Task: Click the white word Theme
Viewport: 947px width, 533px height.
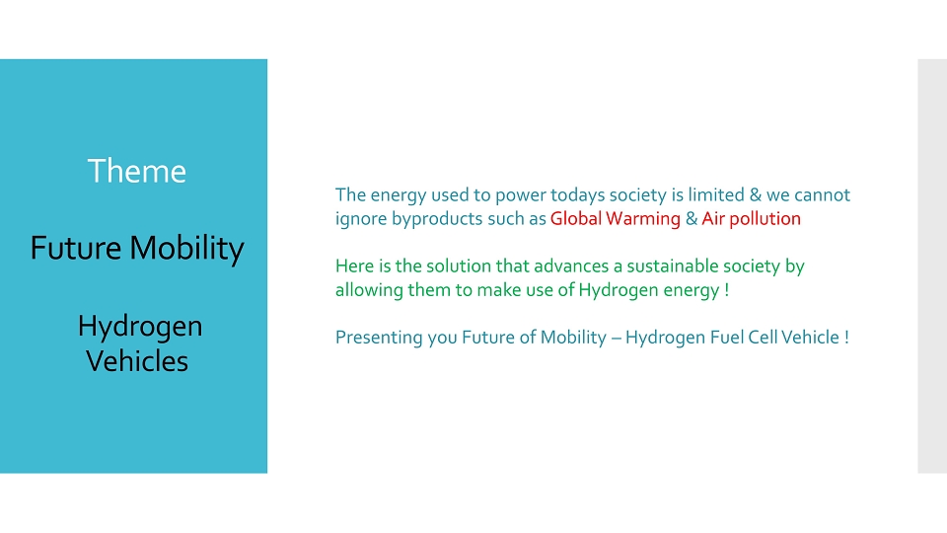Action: click(136, 171)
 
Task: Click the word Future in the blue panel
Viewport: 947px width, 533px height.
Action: click(76, 248)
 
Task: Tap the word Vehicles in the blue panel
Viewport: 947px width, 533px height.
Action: click(137, 361)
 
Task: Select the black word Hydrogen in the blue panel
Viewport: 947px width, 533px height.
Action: click(140, 327)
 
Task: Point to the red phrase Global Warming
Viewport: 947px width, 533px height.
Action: click(615, 218)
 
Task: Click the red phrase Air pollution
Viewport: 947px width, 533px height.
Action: click(751, 218)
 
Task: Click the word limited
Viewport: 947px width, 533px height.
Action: click(716, 194)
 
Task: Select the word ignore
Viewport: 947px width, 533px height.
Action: click(361, 219)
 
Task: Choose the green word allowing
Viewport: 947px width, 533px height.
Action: click(368, 290)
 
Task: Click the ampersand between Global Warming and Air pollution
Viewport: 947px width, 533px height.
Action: click(691, 218)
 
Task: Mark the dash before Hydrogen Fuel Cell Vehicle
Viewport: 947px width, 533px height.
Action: click(616, 339)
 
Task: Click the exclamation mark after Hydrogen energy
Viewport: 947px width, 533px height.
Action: click(727, 289)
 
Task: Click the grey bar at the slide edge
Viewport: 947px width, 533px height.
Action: click(932, 266)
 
